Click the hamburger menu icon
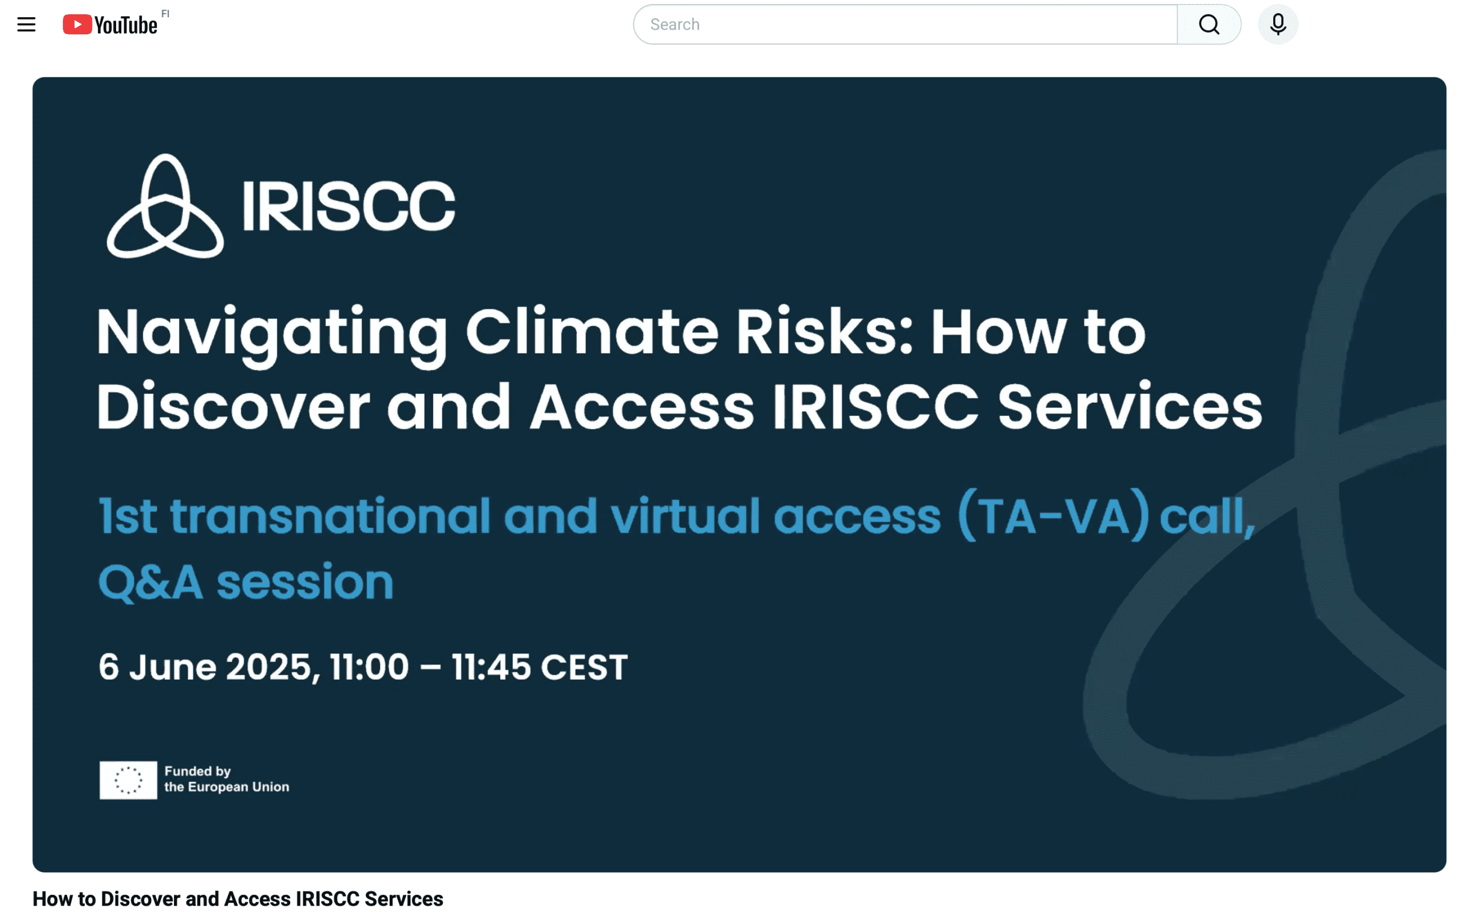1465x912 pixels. [26, 25]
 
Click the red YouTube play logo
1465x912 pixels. [77, 25]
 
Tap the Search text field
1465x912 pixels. [905, 25]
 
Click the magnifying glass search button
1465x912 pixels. [1209, 25]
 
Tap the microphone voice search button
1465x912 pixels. [1278, 25]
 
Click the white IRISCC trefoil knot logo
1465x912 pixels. [165, 207]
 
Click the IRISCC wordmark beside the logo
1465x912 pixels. [349, 207]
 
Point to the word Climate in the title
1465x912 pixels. [592, 332]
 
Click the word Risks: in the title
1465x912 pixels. [825, 332]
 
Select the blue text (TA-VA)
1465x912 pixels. [1053, 516]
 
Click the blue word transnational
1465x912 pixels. [331, 517]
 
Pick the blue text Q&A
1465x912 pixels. [151, 582]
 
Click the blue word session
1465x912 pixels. [305, 582]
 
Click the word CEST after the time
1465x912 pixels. [584, 668]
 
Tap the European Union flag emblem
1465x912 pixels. [128, 780]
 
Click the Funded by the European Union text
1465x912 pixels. [227, 779]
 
